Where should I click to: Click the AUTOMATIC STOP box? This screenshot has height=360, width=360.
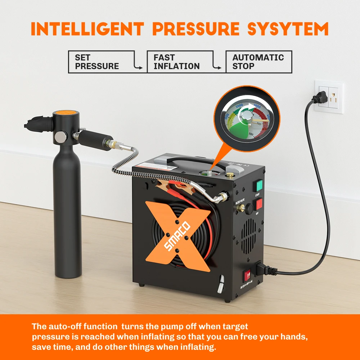pyautogui.click(x=258, y=62)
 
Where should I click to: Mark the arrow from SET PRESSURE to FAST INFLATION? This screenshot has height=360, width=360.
pyautogui.click(x=138, y=66)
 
